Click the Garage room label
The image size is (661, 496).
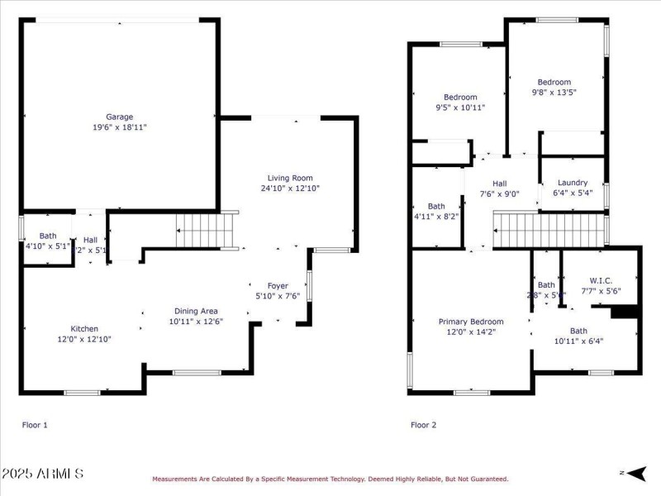click(x=119, y=117)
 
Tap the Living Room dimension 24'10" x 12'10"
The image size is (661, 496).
click(x=289, y=188)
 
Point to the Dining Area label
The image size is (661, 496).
click(x=196, y=311)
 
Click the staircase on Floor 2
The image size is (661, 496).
click(x=549, y=229)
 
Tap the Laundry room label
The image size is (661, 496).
click(x=573, y=183)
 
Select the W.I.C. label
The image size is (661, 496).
click(x=600, y=280)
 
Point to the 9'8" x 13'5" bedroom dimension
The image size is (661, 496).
click(x=554, y=93)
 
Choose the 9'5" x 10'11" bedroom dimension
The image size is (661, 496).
click(x=460, y=107)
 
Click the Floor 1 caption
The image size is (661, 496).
click(x=35, y=425)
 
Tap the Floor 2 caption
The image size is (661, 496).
click(x=424, y=425)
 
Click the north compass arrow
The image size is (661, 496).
click(x=634, y=473)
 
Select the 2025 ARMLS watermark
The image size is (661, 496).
click(x=42, y=474)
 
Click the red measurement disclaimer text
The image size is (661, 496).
click(x=330, y=479)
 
